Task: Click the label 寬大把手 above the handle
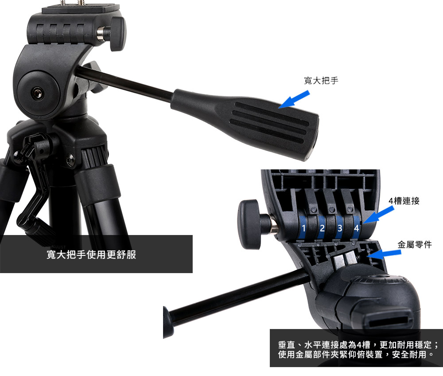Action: (321, 81)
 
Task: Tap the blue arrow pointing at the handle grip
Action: (294, 99)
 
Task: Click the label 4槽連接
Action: (404, 201)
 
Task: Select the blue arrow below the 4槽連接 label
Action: (378, 215)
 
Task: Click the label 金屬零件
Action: (415, 245)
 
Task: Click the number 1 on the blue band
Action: (304, 228)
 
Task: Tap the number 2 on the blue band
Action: (322, 228)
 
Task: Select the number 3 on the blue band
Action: (340, 228)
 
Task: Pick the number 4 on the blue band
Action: (357, 228)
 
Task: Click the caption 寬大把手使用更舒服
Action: (91, 255)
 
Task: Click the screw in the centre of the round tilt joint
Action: (37, 93)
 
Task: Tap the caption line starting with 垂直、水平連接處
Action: (358, 345)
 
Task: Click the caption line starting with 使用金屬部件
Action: (356, 354)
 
